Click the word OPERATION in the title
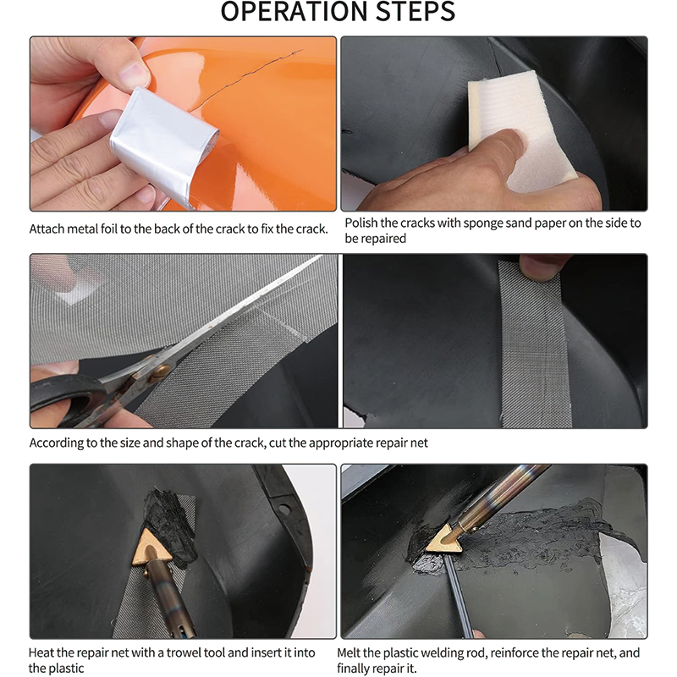pos(294,11)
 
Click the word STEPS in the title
pos(416,11)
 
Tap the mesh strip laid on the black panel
pos(533,344)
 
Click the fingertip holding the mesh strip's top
pos(539,267)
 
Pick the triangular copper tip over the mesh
pos(151,547)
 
